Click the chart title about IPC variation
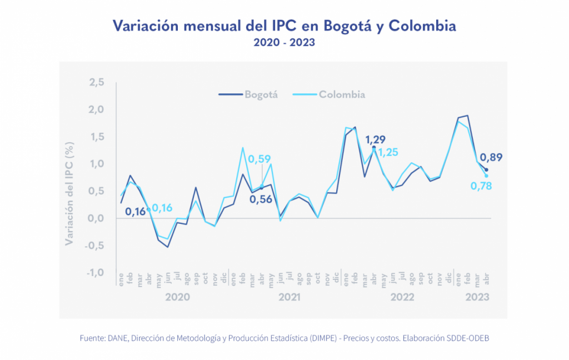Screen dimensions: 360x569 [284, 26]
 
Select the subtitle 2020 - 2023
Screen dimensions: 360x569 [284, 43]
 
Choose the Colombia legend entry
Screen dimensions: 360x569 [342, 94]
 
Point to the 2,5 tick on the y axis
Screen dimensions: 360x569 [97, 83]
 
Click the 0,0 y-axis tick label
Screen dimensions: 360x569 [97, 218]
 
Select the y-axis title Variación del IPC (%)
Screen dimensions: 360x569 [70, 192]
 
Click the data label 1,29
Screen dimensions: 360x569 [375, 139]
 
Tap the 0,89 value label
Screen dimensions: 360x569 [491, 158]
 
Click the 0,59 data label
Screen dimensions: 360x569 [259, 159]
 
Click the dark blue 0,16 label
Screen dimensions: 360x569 [135, 211]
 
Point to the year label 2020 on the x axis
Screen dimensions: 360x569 [177, 297]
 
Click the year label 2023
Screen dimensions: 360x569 [477, 297]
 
